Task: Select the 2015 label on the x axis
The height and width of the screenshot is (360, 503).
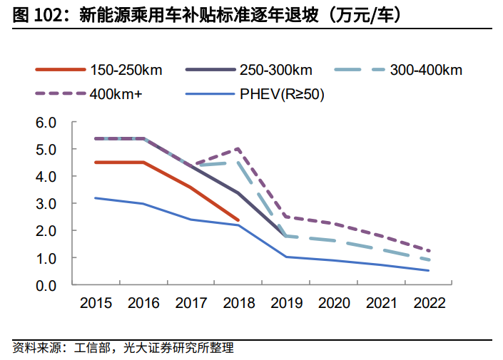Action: point(96,302)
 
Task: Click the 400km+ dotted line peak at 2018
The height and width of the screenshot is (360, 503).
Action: point(238,149)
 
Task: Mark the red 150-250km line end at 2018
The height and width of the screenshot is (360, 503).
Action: point(238,220)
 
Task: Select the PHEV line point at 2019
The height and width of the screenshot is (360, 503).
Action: point(285,257)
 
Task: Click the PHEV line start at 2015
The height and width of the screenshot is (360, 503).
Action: point(96,198)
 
